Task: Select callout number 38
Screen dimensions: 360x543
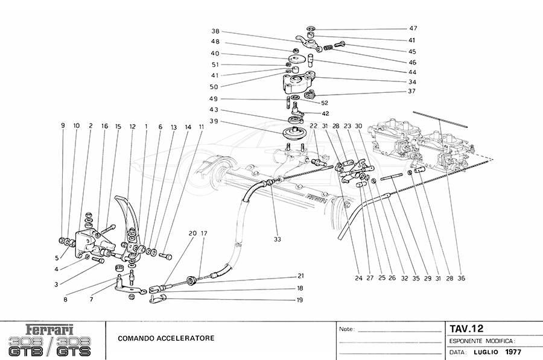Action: (x=215, y=31)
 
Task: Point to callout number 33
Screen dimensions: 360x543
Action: (x=277, y=239)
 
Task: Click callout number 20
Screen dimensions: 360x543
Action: (x=192, y=233)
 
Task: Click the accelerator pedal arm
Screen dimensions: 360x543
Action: (x=129, y=217)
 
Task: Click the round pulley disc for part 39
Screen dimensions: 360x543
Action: (x=294, y=133)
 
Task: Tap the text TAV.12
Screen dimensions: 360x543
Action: (x=466, y=329)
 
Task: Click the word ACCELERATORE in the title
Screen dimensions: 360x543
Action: (x=183, y=338)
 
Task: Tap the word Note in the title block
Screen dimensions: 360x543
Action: (x=346, y=330)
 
